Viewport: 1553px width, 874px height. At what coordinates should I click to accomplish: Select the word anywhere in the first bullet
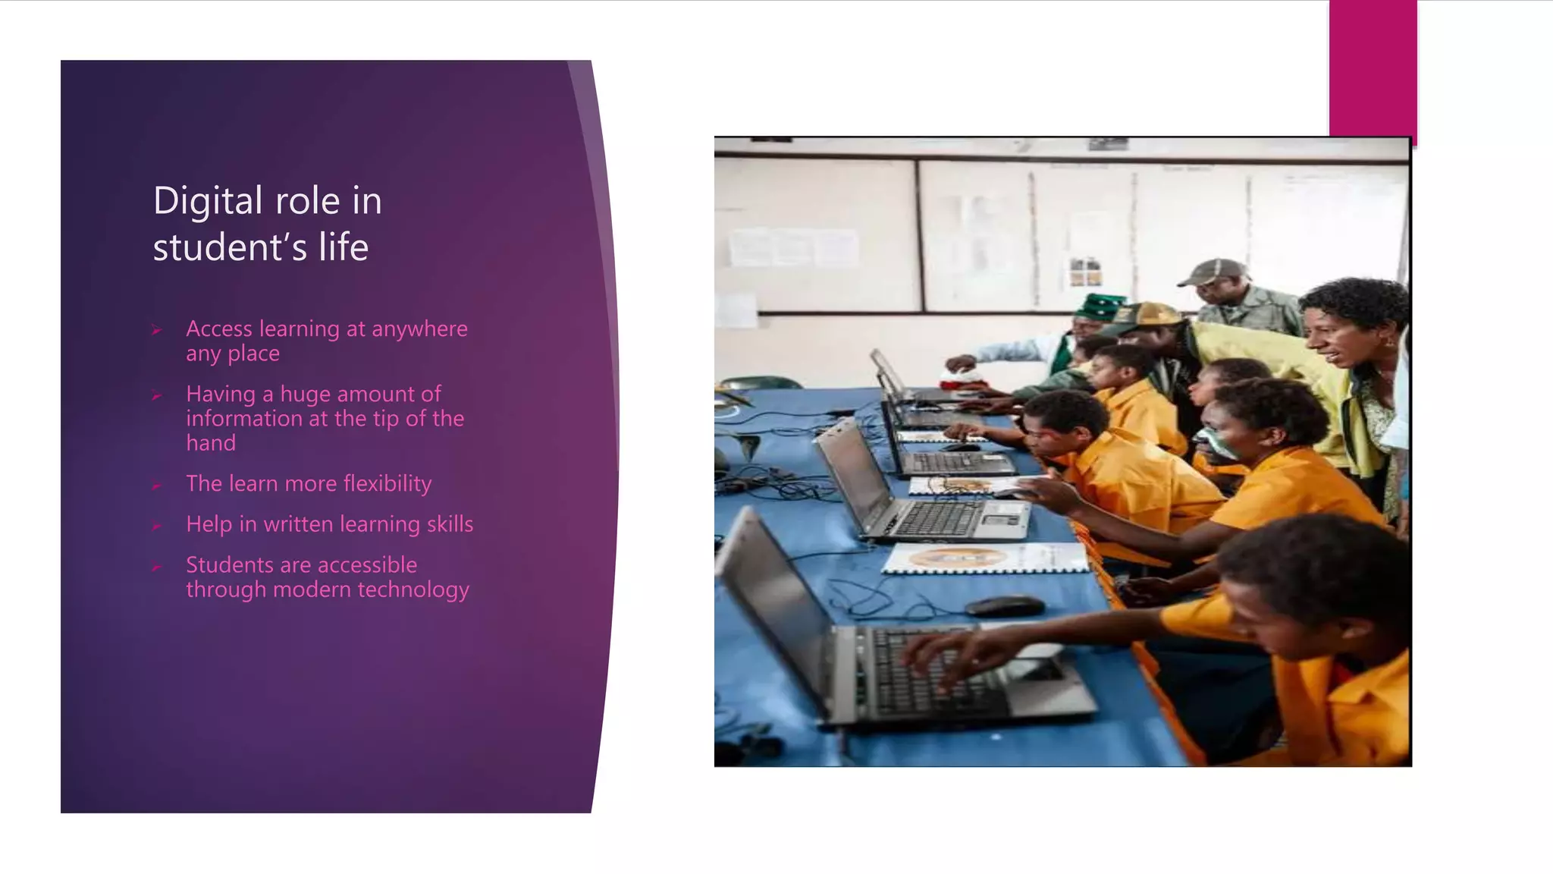[419, 329]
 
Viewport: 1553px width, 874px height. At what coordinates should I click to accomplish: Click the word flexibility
[387, 484]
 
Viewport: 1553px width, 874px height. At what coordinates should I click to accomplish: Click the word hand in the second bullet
[211, 443]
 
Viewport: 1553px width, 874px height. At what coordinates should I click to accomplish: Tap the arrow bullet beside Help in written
[156, 526]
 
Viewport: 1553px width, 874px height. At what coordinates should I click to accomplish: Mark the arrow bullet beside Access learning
[156, 330]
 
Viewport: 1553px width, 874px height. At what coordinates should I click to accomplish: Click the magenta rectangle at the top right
[1373, 68]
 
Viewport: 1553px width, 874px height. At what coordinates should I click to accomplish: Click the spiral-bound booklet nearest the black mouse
[986, 559]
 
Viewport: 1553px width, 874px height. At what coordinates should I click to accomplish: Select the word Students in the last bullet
[225, 565]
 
